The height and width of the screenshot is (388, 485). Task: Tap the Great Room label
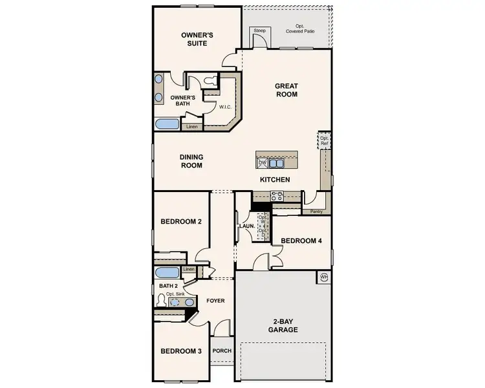[286, 90]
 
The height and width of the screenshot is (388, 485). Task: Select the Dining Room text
[191, 161]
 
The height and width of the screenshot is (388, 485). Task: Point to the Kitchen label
[275, 179]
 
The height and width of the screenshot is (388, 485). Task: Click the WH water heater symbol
[323, 277]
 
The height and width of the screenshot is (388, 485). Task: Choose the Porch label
[221, 351]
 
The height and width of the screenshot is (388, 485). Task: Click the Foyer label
[215, 301]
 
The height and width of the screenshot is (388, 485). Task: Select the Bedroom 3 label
[181, 351]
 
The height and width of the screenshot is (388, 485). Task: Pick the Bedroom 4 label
[301, 241]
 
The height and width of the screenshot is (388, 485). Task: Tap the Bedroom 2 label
[181, 222]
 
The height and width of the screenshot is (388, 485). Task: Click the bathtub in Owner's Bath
[168, 124]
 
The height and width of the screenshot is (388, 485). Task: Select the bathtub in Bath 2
[167, 272]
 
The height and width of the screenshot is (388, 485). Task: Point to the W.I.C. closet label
[226, 107]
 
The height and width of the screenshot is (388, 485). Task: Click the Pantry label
[316, 211]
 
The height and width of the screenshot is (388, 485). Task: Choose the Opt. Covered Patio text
[301, 27]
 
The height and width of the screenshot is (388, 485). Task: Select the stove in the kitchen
[277, 195]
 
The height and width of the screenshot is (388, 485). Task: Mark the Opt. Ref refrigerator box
[323, 140]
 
